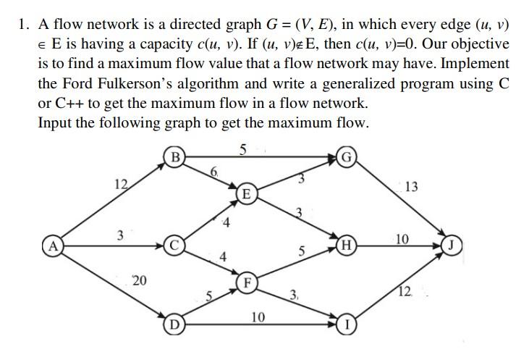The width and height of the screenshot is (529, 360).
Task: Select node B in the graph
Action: tap(174, 156)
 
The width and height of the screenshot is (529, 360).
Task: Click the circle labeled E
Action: tap(247, 193)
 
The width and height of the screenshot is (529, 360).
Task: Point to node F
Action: tap(247, 282)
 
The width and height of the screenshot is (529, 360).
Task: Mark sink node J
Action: tap(450, 244)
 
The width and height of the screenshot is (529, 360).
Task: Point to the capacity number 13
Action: tap(411, 188)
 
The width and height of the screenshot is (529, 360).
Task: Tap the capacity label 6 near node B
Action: tap(213, 171)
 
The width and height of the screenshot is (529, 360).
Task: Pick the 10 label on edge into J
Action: tap(403, 238)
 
